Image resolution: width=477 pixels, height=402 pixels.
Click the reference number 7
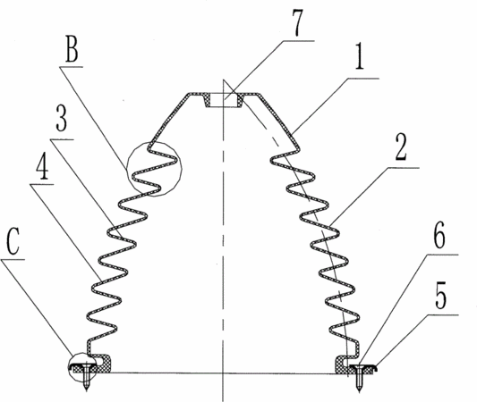coord(298,22)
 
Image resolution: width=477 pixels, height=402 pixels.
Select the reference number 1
coord(360,59)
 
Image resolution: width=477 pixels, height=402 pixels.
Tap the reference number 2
coord(401,147)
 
